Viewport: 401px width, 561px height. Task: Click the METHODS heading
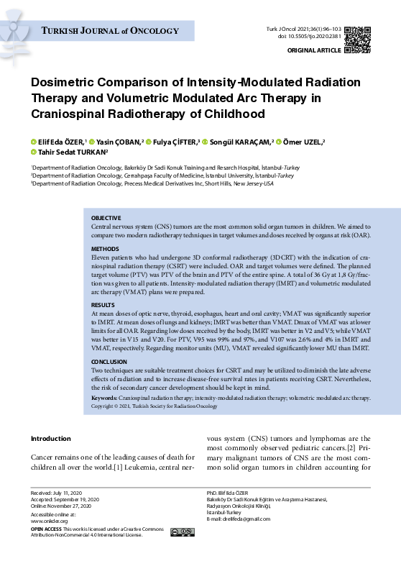[x=104, y=247]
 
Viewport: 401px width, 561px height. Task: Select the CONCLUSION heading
[x=109, y=362]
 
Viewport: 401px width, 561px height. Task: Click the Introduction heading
[x=51, y=438]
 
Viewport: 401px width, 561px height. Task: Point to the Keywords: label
[x=105, y=397]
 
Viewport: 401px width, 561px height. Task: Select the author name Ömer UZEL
[x=303, y=142]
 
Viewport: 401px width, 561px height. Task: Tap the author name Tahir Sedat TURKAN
[x=71, y=152]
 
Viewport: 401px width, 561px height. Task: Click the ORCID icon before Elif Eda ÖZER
[x=33, y=142]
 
